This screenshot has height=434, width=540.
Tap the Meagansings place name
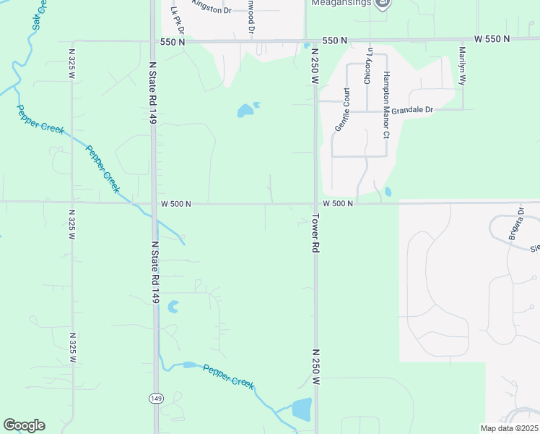(341, 3)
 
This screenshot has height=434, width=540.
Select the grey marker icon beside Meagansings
(383, 3)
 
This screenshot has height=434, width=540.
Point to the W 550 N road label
(492, 38)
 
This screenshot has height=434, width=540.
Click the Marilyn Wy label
(462, 66)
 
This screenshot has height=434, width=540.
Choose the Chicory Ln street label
(368, 66)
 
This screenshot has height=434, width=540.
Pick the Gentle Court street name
(341, 109)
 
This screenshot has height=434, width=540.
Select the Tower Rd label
(315, 231)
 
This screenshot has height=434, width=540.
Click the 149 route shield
(155, 398)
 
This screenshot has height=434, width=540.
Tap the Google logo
(24, 425)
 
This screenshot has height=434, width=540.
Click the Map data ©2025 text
(509, 428)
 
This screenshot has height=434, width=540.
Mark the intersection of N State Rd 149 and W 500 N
(154, 203)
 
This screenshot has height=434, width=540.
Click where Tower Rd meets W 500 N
(315, 203)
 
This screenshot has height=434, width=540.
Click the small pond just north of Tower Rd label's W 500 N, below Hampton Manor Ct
(388, 192)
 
